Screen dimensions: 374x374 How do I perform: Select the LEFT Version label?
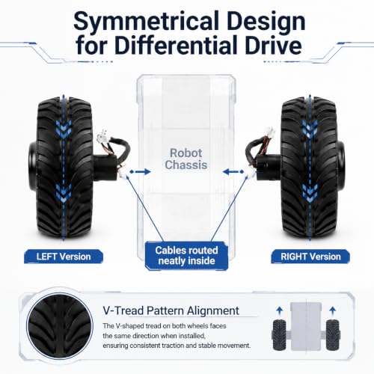(64, 257)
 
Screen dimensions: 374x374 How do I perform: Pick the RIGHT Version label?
(310, 257)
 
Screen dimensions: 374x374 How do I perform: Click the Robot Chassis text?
(186, 159)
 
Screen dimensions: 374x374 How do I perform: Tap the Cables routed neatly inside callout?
(186, 256)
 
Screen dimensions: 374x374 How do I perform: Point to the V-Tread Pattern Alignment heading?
(171, 310)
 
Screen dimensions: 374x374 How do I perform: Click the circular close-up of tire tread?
(60, 326)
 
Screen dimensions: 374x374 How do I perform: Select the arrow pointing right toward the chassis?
(141, 171)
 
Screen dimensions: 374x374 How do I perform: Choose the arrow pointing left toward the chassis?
(233, 171)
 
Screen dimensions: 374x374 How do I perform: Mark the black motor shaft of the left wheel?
(105, 167)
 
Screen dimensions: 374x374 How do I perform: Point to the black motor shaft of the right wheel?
(269, 167)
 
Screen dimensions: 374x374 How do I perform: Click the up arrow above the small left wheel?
(280, 310)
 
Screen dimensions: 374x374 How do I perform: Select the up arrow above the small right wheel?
(332, 310)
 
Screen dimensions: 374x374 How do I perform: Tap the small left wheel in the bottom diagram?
(279, 335)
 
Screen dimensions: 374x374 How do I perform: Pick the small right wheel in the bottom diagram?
(333, 335)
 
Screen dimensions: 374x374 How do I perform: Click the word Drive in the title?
(274, 46)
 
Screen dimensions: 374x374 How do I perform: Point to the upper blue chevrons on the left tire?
(64, 129)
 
